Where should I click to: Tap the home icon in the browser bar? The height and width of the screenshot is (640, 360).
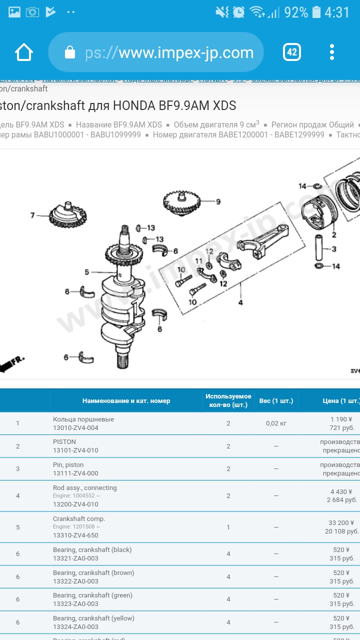24,52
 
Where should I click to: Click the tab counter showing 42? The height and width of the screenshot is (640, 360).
292,52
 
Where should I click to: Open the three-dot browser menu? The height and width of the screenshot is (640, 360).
332,52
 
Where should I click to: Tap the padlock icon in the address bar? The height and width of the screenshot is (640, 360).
70,52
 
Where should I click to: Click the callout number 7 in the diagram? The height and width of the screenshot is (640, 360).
32,215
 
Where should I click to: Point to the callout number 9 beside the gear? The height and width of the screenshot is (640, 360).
218,202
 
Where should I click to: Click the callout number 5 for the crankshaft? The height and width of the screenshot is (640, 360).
86,272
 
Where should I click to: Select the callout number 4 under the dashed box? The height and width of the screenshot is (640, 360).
240,302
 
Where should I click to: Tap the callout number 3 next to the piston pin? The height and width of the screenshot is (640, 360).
334,249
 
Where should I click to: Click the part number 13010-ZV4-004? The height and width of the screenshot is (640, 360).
75,428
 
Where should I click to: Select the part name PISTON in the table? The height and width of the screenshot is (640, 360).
64,442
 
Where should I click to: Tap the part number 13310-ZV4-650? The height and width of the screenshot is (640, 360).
75,535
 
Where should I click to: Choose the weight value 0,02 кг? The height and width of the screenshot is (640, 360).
276,423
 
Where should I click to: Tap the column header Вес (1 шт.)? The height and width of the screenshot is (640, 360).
276,401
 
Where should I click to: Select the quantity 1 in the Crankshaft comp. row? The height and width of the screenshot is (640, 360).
228,527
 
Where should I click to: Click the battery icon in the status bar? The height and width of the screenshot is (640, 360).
316,12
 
